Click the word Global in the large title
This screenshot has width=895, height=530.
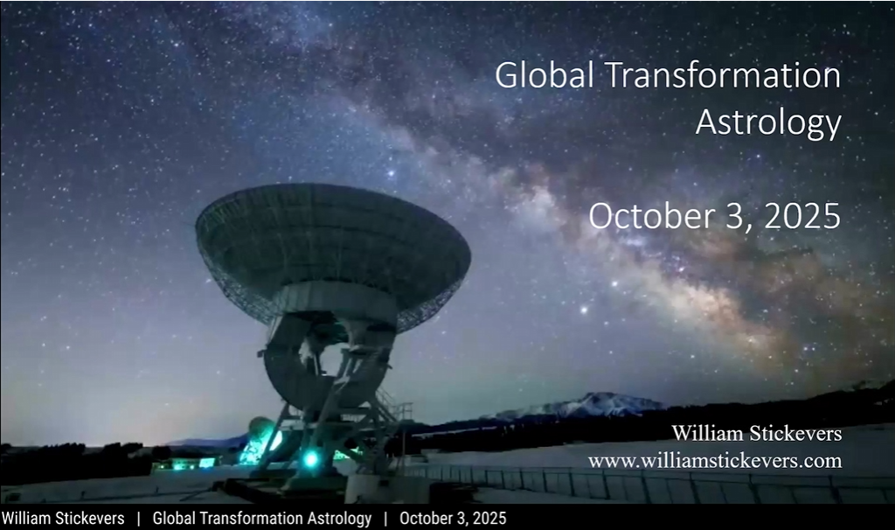545,75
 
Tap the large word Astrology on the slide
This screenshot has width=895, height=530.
769,122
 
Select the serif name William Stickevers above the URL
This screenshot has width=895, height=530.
757,434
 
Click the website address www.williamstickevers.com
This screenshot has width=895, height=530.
715,460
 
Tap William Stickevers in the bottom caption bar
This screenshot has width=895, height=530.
63,518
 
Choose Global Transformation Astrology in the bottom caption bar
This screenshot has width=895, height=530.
262,518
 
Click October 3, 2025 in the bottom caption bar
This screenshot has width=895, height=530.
453,518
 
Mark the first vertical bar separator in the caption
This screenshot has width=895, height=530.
139,519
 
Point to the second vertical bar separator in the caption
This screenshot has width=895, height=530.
385,519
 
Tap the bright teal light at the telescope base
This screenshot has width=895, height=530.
310,458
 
